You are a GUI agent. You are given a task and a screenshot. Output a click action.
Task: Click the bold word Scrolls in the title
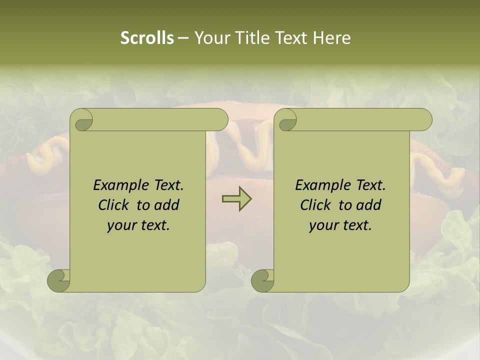(147, 38)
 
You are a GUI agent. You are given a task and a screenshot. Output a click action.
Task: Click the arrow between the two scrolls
(236, 199)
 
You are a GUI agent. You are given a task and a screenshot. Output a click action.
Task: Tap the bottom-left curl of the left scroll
(58, 280)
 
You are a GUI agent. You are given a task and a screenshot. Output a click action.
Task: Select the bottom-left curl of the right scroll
(262, 280)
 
